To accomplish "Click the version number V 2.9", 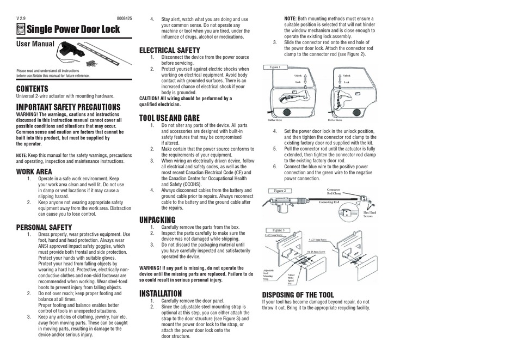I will point(21,19).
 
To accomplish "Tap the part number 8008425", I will point(124,19).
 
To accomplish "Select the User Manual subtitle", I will point(35,44).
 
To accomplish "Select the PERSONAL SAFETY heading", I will point(44,227).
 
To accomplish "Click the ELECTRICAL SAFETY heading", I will point(169,50).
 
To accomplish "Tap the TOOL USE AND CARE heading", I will point(169,118).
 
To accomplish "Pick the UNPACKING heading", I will point(157,220).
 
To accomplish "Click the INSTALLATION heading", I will point(161,294).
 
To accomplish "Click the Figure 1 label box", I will point(275,67).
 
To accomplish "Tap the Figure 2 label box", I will point(283,191).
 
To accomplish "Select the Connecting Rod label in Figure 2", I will point(329,202).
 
